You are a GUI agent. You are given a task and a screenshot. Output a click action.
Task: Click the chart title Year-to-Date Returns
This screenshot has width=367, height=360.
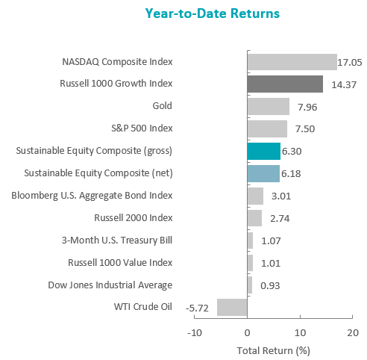(x=213, y=13)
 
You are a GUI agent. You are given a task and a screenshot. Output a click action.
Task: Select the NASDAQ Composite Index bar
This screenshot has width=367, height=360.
(x=292, y=62)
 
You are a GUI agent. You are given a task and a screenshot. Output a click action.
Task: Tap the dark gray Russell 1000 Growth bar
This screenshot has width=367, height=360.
(x=285, y=84)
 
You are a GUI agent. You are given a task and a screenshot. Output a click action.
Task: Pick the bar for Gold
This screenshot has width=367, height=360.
(x=269, y=106)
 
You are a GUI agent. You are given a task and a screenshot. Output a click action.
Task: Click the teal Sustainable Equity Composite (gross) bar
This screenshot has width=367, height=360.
(x=264, y=151)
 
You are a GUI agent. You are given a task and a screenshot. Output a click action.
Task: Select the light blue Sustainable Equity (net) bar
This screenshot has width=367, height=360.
(x=263, y=173)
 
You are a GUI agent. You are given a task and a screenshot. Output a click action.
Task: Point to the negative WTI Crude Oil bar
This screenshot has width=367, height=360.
(x=232, y=307)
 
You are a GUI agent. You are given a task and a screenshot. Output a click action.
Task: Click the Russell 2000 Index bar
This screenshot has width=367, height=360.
(x=254, y=218)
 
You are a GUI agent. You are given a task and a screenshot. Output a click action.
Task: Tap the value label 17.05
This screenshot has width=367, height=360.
(x=350, y=63)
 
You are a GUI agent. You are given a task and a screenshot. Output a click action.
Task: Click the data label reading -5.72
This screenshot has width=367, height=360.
(x=197, y=308)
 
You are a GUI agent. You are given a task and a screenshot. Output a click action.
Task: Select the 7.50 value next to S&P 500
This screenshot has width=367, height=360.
(x=305, y=129)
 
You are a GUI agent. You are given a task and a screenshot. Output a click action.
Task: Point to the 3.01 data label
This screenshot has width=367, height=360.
(x=281, y=196)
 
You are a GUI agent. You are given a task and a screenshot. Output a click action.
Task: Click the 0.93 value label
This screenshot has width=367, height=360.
(x=270, y=285)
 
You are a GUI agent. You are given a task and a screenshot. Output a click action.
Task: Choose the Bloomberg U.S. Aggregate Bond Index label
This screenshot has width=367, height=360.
(x=92, y=196)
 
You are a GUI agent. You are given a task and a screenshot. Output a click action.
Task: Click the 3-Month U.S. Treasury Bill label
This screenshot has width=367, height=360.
(x=117, y=240)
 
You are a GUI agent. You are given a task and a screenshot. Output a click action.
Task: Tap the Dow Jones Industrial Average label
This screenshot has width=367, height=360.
(x=110, y=285)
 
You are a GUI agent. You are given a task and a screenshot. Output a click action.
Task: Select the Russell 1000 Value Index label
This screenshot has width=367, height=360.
(x=120, y=263)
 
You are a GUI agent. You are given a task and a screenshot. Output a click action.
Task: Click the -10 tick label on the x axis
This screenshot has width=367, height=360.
(x=195, y=332)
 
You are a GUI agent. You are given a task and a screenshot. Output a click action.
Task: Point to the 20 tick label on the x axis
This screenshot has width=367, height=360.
(x=353, y=332)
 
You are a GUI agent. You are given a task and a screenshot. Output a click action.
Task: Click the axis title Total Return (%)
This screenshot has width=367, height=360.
(x=274, y=351)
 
